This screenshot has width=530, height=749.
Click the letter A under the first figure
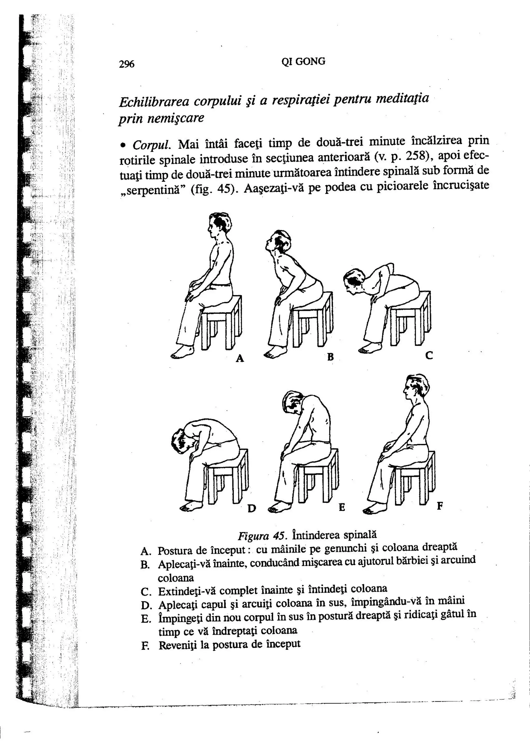tap(240, 358)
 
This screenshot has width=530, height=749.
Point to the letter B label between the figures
tap(330, 357)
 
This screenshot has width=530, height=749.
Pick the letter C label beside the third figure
tap(429, 355)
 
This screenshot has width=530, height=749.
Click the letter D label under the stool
tap(252, 508)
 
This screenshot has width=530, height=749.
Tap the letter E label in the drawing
tap(342, 507)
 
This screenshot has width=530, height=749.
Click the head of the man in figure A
tap(219, 225)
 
